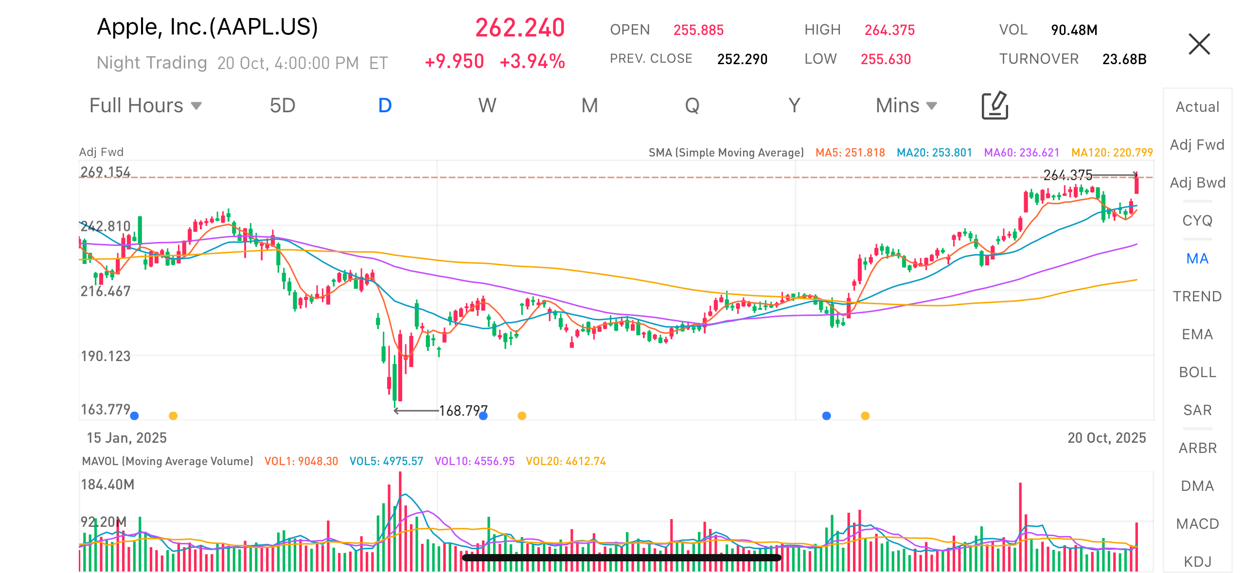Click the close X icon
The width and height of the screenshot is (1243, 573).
point(1199,44)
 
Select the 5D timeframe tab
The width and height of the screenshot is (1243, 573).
point(283,105)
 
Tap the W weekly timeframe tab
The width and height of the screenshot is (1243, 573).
point(487,105)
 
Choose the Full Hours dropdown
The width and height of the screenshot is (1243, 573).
point(145,105)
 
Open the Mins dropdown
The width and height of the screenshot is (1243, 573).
point(906,105)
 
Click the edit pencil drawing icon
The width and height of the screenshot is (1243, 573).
point(994,105)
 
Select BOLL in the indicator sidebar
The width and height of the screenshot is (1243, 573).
point(1197,372)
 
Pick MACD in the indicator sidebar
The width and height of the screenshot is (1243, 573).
point(1197,524)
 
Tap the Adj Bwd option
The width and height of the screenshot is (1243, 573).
point(1197,183)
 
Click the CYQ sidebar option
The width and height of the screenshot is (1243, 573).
point(1197,221)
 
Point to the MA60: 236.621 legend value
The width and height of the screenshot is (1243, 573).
point(1021,153)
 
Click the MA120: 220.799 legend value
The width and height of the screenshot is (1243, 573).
point(1112,153)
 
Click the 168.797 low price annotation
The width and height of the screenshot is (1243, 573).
point(462,411)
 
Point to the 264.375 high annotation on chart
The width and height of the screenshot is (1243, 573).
point(1067,174)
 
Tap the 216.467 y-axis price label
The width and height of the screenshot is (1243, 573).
point(106,291)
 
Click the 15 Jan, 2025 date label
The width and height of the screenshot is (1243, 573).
point(126,438)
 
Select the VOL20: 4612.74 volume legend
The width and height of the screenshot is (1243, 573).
point(566,461)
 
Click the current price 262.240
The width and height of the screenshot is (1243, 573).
point(519,28)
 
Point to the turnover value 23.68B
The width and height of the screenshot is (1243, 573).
point(1124,59)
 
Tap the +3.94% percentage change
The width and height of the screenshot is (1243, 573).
point(532,62)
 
